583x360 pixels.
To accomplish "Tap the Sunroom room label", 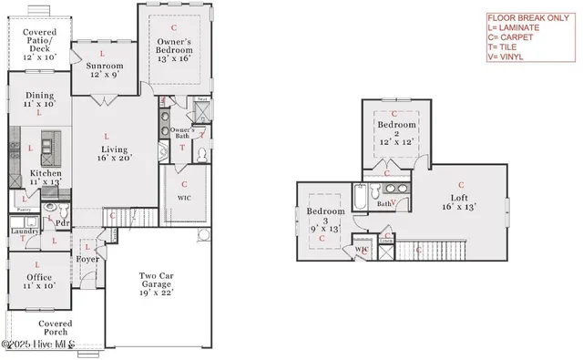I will click(105, 70).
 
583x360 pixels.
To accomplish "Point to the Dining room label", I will click(39, 98).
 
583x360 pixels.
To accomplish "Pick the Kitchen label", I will click(46, 177).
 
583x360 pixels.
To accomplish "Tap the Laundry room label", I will click(24, 231).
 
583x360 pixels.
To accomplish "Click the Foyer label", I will click(87, 259).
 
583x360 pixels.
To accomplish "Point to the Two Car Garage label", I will click(155, 283).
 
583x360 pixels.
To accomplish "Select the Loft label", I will click(459, 201).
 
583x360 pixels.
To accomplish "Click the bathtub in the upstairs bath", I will click(361, 194).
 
